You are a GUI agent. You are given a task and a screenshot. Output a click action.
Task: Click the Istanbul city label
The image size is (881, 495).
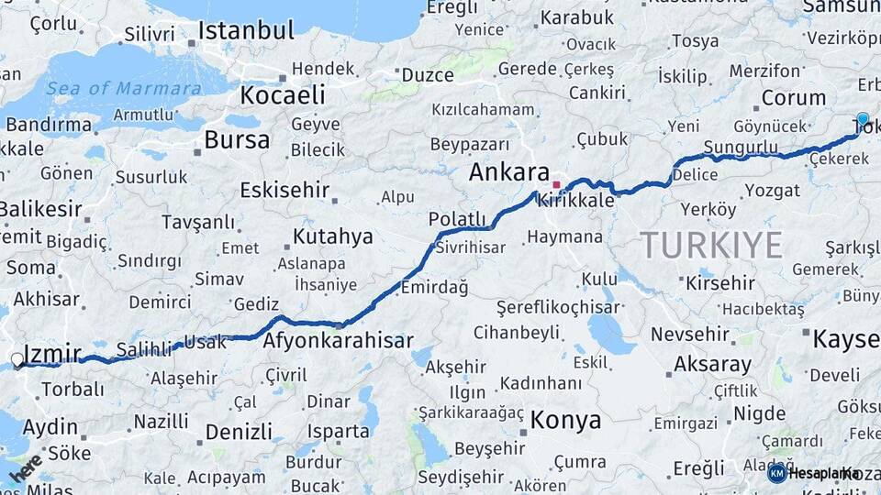246,31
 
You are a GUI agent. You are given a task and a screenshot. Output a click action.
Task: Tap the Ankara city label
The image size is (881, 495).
508,172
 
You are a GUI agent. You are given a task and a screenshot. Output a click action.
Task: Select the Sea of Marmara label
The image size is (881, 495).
124,89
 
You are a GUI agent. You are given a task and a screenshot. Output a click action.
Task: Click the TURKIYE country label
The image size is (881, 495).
711,245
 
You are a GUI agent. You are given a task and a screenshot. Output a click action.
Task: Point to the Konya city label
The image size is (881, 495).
566,421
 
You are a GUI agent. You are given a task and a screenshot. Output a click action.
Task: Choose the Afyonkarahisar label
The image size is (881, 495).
338,341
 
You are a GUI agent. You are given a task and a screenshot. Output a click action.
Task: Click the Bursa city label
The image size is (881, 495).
237,140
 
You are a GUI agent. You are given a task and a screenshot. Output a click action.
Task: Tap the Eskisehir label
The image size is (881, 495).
284,191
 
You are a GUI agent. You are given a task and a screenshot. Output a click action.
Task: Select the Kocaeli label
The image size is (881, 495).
283,95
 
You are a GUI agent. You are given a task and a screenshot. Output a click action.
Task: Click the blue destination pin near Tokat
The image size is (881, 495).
862,120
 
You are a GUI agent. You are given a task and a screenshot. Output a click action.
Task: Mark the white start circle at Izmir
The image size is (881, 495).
17,361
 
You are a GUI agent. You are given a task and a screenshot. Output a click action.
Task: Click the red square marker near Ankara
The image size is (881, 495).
556,184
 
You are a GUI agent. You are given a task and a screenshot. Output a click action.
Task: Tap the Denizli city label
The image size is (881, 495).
239,432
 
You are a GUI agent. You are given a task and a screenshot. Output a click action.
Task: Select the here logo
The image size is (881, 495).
26,467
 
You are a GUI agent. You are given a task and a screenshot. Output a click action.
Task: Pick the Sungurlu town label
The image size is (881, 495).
741,148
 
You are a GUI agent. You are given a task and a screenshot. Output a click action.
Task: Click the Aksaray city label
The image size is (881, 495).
712,364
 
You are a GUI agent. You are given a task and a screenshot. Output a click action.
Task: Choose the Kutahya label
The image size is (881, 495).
333,236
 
